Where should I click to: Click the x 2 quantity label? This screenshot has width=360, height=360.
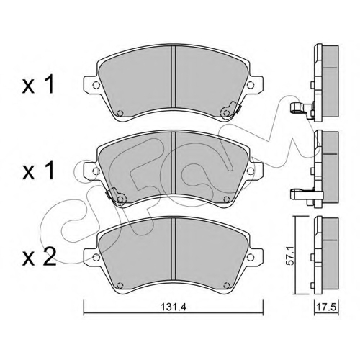click(x=39, y=256)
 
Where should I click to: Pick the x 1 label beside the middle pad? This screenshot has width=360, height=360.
click(x=38, y=171)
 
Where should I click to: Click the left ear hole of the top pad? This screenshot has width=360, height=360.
click(x=96, y=85)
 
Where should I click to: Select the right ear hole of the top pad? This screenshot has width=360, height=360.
click(x=251, y=84)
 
